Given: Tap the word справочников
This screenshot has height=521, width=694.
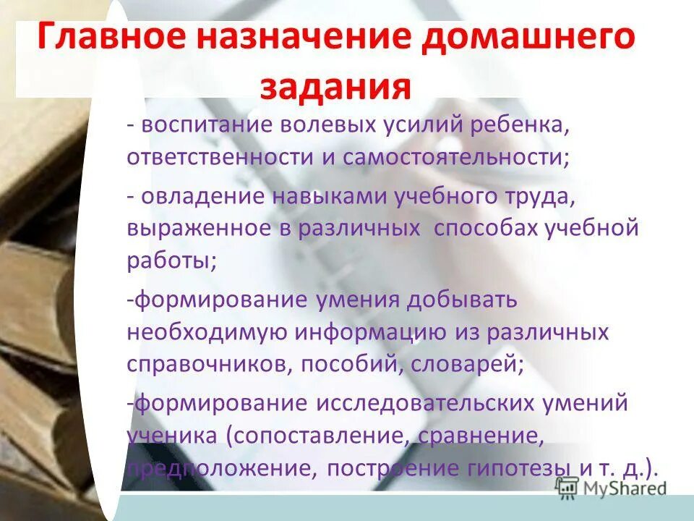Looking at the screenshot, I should pyautogui.click(x=203, y=364).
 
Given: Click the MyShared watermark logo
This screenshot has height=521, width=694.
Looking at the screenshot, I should pyautogui.click(x=611, y=488).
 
